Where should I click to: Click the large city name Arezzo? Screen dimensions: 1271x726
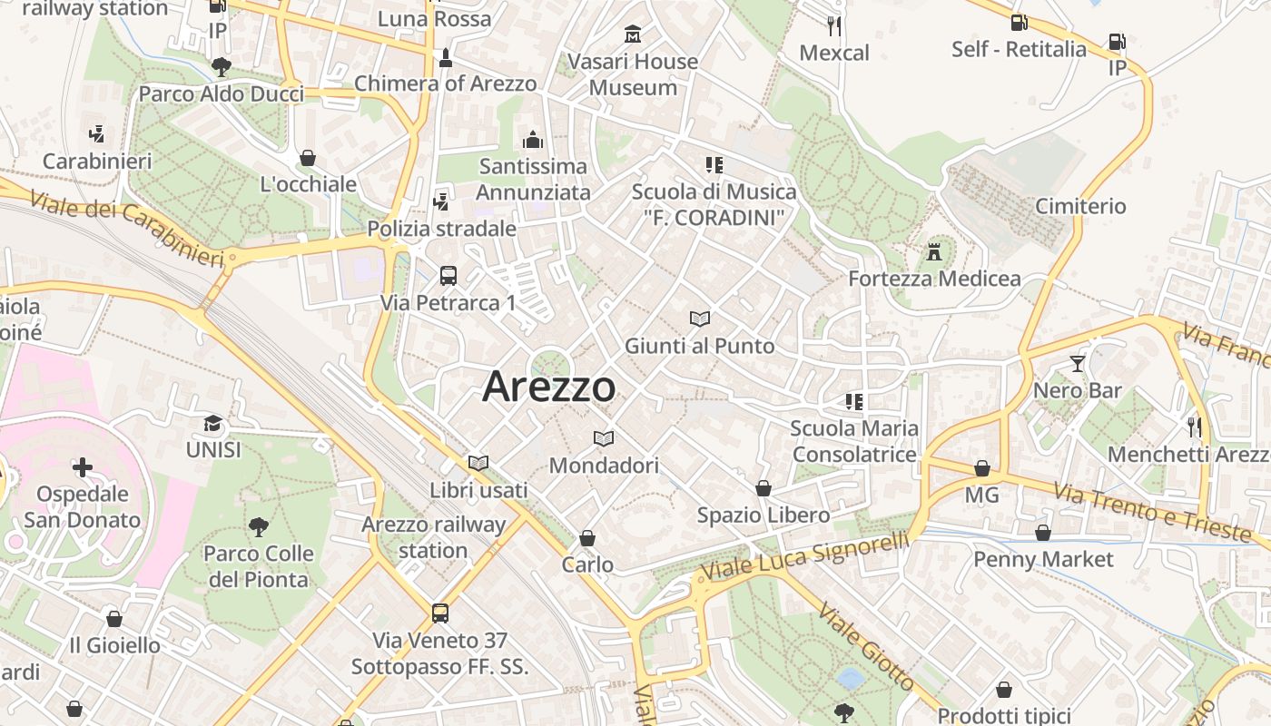pos(548,388)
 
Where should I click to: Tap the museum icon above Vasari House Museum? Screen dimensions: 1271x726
pos(633,34)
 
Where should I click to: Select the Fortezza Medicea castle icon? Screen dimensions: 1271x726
pos(934,251)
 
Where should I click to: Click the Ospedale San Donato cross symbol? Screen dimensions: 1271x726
pos(83,467)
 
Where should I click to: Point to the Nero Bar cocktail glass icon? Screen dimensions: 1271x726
pos(1078,364)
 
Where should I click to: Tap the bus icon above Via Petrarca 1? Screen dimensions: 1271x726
pos(448,275)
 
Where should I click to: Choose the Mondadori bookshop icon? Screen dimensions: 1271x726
pos(604,439)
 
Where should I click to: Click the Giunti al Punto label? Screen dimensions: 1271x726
pos(699,346)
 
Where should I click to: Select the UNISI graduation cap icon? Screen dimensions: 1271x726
pos(212,423)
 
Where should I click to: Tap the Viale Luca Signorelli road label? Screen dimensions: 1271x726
pos(806,556)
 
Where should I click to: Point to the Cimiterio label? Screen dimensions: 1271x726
pos(1080,206)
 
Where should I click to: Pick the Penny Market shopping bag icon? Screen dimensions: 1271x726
pos(1043,533)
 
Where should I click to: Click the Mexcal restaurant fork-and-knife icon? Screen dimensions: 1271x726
pos(834,25)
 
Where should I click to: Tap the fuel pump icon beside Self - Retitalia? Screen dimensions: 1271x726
pos(1019,23)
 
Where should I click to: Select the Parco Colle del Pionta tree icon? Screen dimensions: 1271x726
pos(258,526)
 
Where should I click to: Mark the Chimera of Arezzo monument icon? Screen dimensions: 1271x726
pos(445,57)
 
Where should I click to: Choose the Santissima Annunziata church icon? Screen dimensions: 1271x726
pos(533,140)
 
